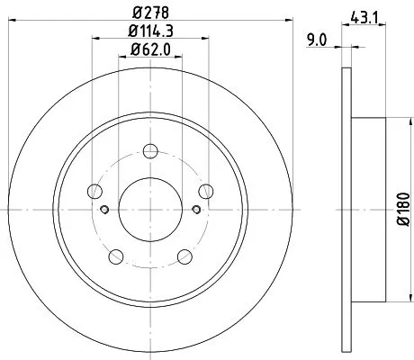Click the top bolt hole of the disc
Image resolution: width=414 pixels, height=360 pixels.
click(150, 149)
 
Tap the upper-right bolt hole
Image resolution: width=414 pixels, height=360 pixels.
click(207, 190)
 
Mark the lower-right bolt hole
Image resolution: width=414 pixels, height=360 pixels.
click(185, 256)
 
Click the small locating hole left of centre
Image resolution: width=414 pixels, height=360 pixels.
click(105, 210)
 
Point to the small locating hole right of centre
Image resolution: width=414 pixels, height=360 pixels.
click(196, 210)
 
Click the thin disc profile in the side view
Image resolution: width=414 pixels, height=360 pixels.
click(346, 207)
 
